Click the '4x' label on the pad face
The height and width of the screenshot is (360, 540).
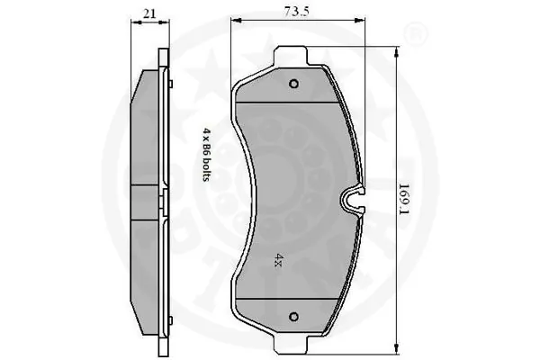click(279, 257)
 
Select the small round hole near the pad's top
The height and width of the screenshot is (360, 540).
click(293, 85)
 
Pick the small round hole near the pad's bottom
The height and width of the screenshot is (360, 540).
click(293, 316)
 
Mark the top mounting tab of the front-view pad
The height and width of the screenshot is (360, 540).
click(293, 63)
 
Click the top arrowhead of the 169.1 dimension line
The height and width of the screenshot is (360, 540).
click(396, 54)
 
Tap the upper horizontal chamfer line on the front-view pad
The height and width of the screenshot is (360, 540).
click(293, 103)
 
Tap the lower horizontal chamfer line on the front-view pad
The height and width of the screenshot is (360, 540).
click(293, 300)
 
